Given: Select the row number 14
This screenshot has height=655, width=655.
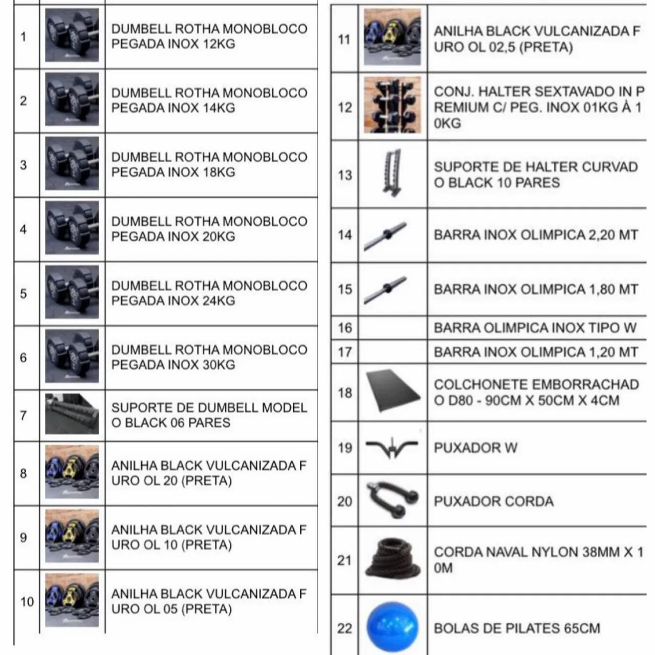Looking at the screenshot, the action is click(344, 235).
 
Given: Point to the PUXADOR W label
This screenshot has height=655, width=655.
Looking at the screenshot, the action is click(475, 448).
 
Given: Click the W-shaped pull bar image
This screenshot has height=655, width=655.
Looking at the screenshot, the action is click(392, 447).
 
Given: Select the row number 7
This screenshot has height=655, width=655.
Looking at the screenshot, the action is click(23, 416).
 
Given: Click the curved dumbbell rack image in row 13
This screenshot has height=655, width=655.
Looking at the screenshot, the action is click(392, 173).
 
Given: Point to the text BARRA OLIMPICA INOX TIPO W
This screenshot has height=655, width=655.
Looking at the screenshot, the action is click(535, 327).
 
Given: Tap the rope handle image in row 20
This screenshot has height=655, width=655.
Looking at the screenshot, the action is click(392, 499).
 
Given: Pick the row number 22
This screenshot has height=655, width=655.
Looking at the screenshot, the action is click(344, 628).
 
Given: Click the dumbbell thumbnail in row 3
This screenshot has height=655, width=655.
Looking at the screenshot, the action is click(72, 164).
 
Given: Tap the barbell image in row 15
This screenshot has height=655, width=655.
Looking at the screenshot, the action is click(385, 290).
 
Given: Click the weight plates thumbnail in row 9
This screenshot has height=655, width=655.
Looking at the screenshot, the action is click(72, 536).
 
